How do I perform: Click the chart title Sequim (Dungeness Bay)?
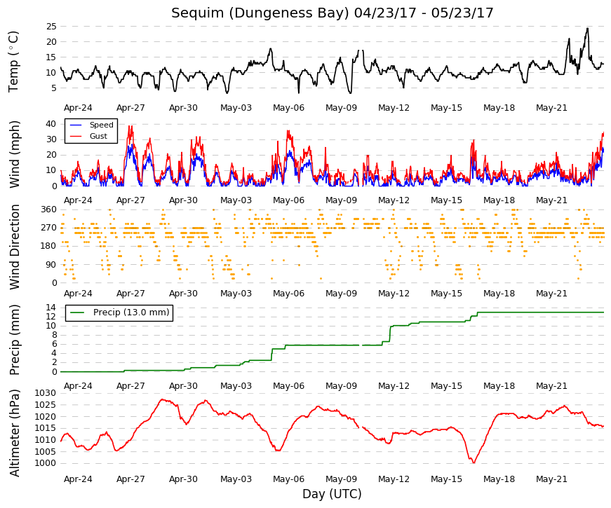tap(260, 13)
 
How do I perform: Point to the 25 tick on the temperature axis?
tap(51, 27)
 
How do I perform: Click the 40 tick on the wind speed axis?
tap(51, 124)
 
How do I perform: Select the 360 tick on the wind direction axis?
tap(49, 210)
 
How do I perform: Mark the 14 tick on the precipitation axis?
tap(51, 308)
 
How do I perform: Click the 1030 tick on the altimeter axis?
tap(45, 393)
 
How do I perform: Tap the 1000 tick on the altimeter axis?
tap(45, 463)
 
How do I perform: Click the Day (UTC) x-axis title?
tap(332, 494)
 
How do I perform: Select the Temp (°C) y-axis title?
tap(13, 62)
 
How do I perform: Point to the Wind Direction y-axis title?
tap(15, 247)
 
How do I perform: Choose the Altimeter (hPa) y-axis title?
tap(15, 432)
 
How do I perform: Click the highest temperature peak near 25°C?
tap(587, 29)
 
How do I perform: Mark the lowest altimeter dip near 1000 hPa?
tap(474, 462)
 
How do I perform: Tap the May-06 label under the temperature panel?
tap(288, 108)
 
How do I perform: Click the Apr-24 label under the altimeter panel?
tap(78, 479)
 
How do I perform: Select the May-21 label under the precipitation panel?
tap(551, 386)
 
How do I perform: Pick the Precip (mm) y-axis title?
tap(15, 340)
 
